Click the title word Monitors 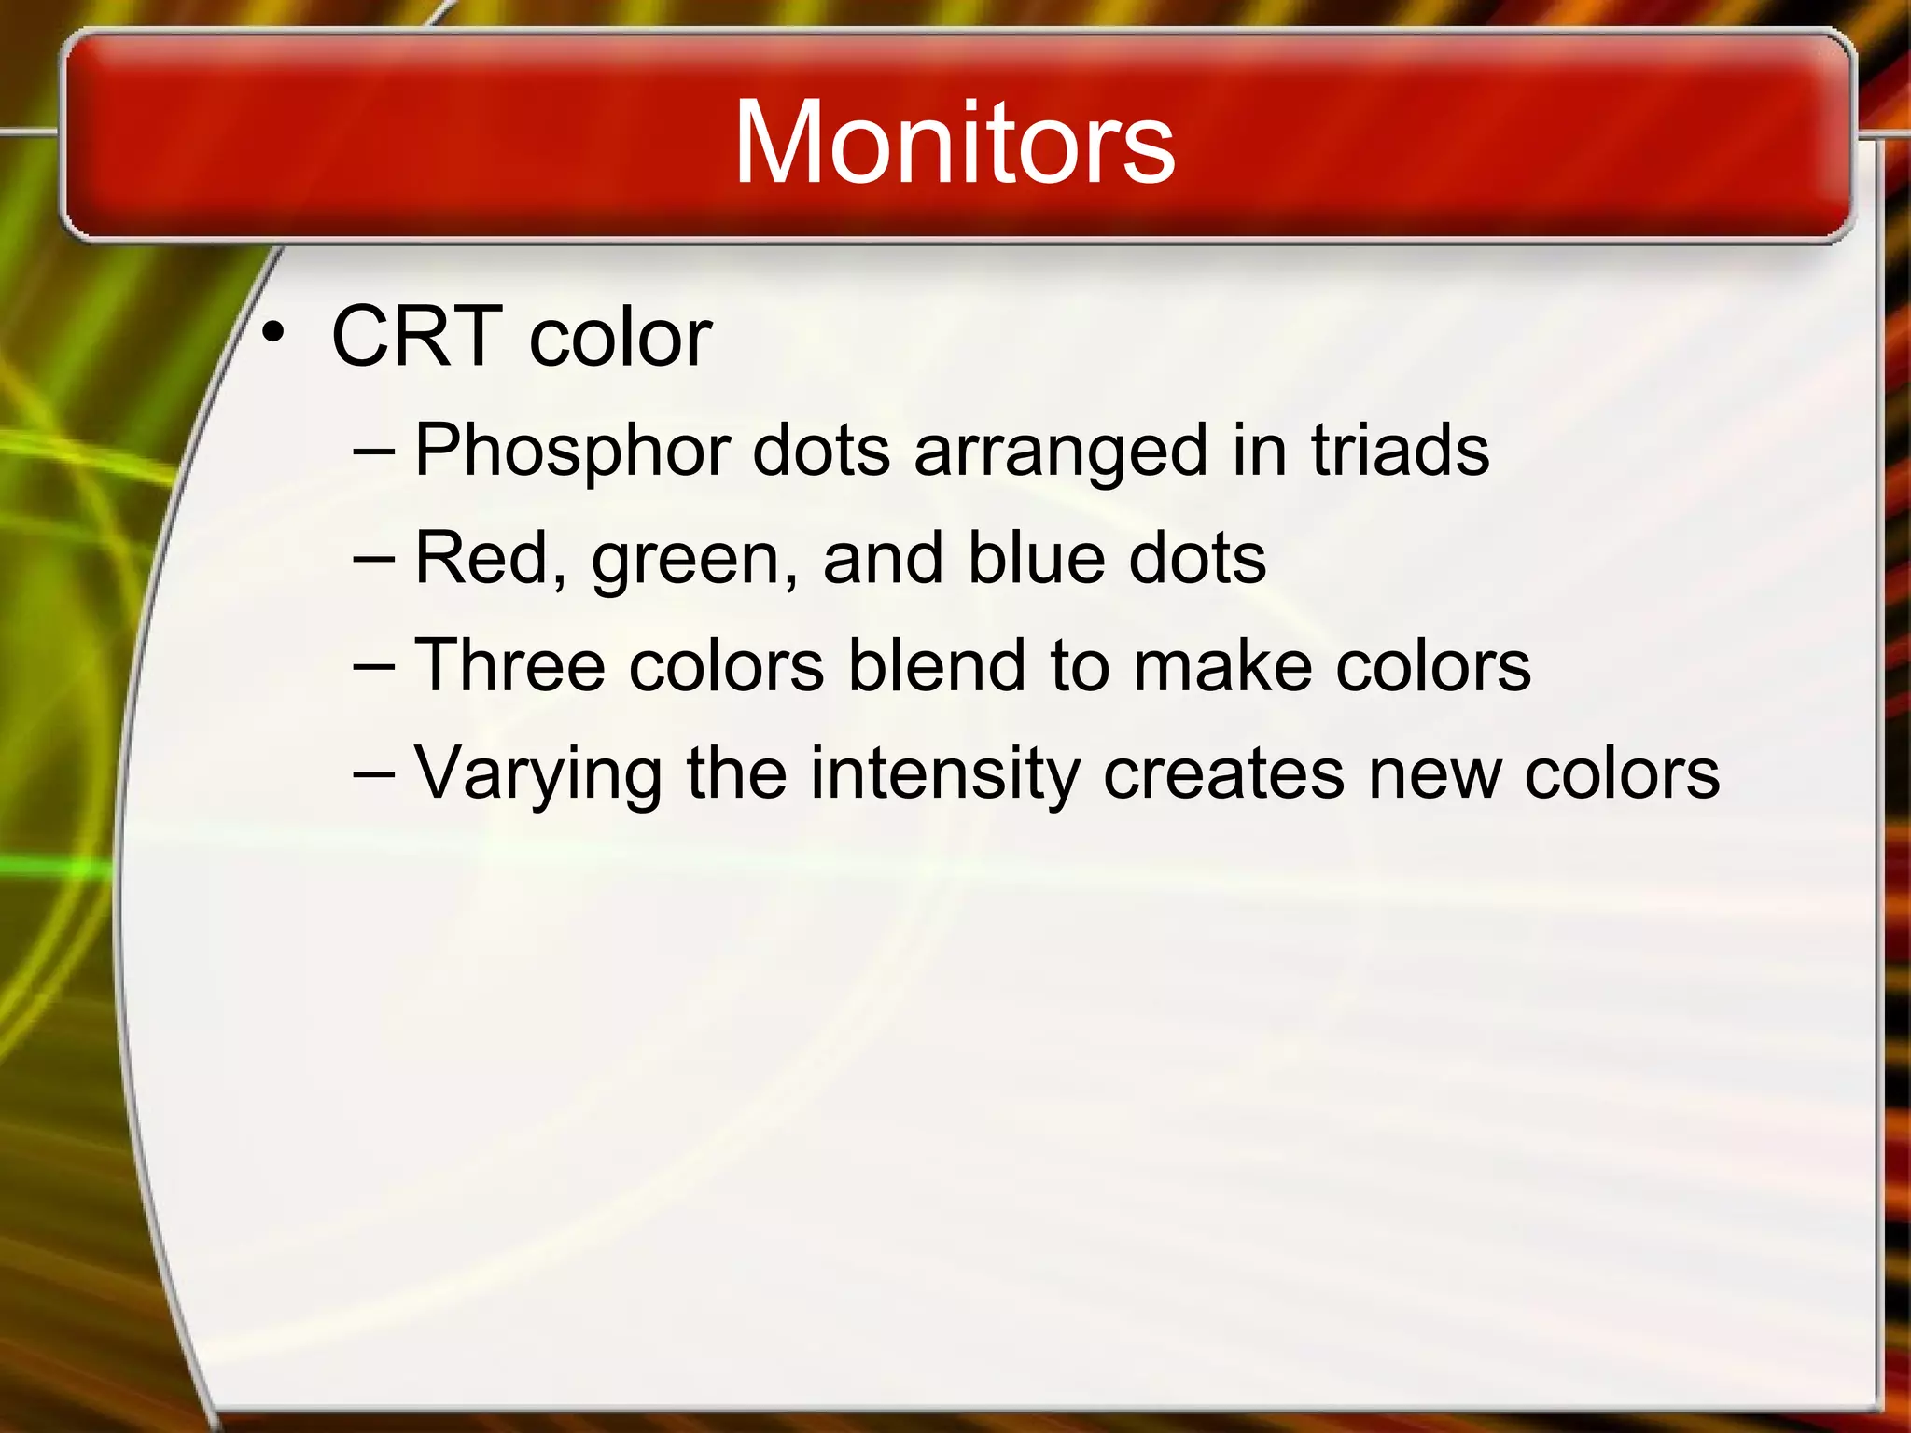[x=954, y=142]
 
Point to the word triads [x=1400, y=450]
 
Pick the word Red [x=486, y=558]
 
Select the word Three [x=509, y=665]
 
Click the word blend [x=937, y=665]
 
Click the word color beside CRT [x=621, y=336]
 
